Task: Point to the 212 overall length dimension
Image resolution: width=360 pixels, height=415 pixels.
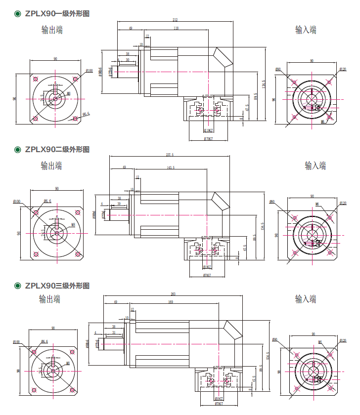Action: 175,20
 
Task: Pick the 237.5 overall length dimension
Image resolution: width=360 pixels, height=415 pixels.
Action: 169,155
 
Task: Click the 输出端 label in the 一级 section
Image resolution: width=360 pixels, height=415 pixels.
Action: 52,30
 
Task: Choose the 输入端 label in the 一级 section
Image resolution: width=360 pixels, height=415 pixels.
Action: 306,30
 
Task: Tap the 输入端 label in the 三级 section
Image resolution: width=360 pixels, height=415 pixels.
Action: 306,299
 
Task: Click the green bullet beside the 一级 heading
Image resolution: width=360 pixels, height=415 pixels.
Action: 18,14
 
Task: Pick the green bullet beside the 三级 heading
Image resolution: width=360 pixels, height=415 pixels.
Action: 18,286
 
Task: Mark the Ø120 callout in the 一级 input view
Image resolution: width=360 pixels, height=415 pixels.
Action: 343,70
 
